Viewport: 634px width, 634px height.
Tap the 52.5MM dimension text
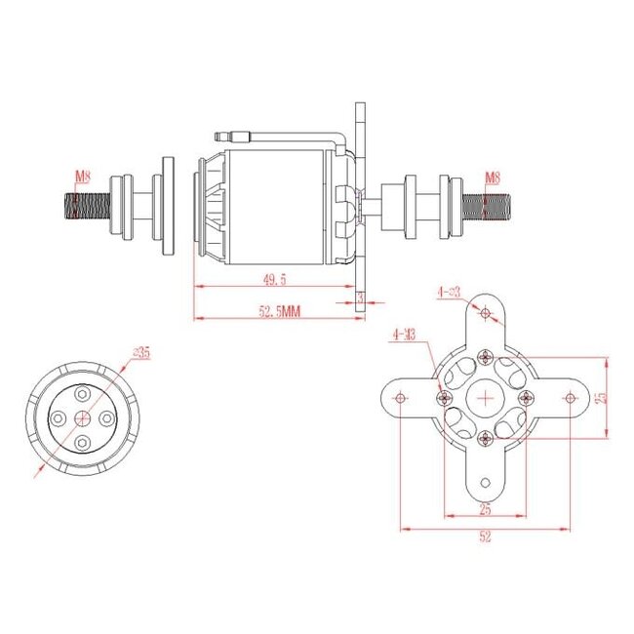(279, 312)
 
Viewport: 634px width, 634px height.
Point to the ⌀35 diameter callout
(140, 353)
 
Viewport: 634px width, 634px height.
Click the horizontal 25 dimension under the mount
(485, 509)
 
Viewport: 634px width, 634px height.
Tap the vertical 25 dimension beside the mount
(602, 397)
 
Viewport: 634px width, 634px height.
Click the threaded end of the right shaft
(487, 206)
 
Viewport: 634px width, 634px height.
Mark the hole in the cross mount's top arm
(486, 313)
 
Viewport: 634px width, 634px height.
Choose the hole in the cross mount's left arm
(400, 397)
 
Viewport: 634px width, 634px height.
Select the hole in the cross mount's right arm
(571, 397)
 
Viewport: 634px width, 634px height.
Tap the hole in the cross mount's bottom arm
(486, 482)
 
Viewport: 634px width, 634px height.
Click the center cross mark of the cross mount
(486, 397)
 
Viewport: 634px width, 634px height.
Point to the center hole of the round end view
(84, 417)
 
